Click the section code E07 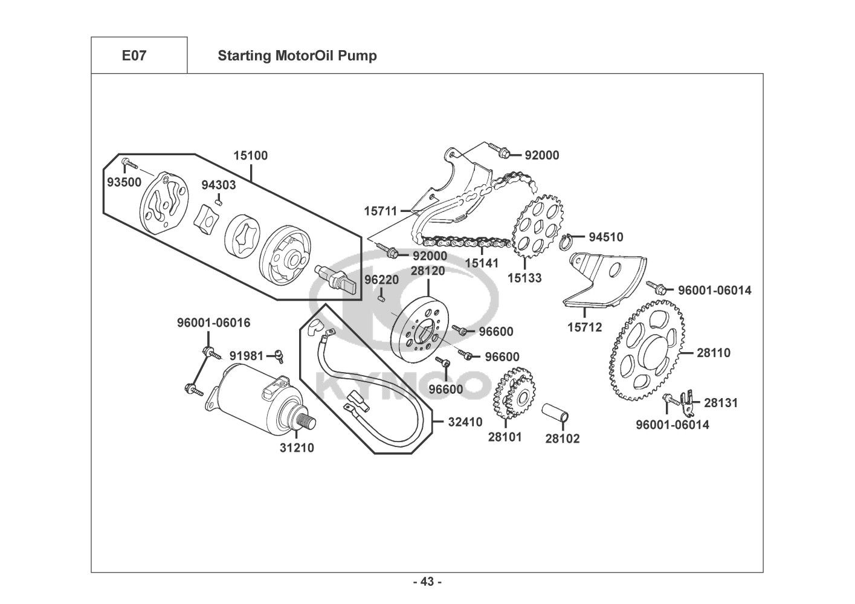click(134, 56)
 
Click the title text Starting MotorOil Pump click(297, 56)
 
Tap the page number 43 click(427, 582)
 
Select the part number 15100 click(250, 155)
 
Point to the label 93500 click(121, 182)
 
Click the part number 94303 click(219, 185)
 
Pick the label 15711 click(381, 211)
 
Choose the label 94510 click(606, 237)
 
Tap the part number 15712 click(584, 327)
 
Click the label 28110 click(714, 353)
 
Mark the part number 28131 click(721, 402)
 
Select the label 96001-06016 click(213, 323)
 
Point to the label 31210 click(297, 448)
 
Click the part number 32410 click(465, 422)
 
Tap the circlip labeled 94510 click(566, 241)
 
